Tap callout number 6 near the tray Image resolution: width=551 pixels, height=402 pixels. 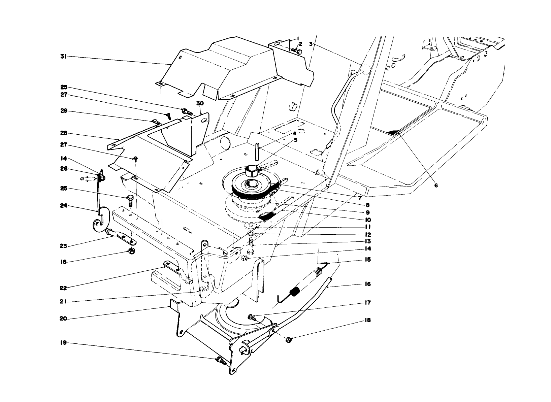pyautogui.click(x=436, y=186)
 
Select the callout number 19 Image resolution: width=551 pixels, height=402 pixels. pyautogui.click(x=62, y=343)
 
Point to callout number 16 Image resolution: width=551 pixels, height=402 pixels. pyautogui.click(x=367, y=284)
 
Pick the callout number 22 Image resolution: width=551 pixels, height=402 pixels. pyautogui.click(x=63, y=288)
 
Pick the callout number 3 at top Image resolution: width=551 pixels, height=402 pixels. pyautogui.click(x=311, y=44)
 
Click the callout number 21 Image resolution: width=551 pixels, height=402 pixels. pyautogui.click(x=62, y=302)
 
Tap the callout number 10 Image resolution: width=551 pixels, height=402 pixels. pyautogui.click(x=367, y=220)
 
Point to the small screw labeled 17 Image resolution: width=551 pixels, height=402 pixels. pyautogui.click(x=251, y=316)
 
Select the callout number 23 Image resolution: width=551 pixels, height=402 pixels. pyautogui.click(x=62, y=246)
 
